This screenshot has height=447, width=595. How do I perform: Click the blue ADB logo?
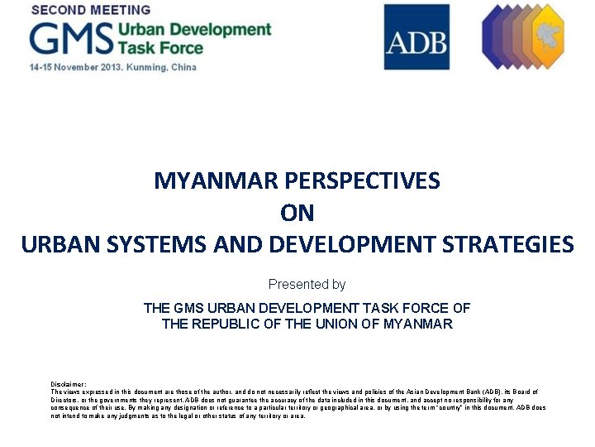click(416, 37)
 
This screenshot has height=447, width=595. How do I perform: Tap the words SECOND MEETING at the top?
click(91, 10)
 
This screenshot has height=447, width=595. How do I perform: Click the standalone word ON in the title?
click(297, 213)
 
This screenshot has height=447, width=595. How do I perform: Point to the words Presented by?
click(307, 285)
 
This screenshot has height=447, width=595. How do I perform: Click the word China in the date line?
click(183, 67)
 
